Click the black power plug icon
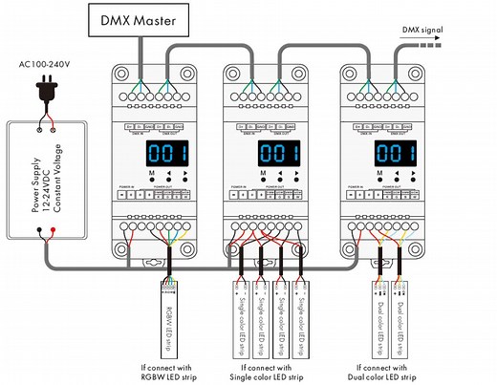pos(45,93)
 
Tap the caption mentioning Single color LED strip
pos(278,372)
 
